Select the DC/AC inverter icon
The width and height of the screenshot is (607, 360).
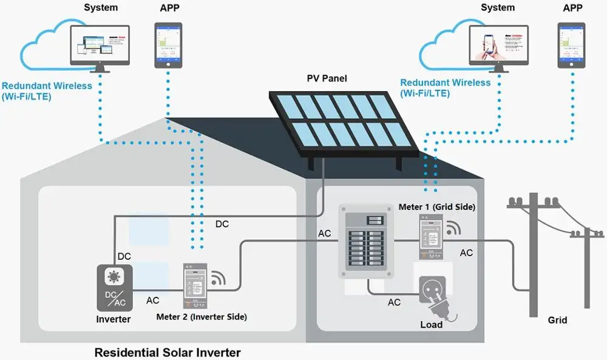[x=114, y=289]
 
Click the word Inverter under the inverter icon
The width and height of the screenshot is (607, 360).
[x=114, y=319]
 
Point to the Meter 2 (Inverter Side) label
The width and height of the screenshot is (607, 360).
[x=202, y=316]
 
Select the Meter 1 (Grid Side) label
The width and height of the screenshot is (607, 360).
[x=436, y=207]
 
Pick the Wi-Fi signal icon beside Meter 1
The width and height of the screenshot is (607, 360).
[x=453, y=228]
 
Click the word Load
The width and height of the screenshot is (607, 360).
[x=432, y=324]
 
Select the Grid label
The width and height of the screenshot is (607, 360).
[x=558, y=320]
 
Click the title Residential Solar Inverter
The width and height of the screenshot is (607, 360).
[x=168, y=352]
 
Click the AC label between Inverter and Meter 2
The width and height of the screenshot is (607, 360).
[x=154, y=300]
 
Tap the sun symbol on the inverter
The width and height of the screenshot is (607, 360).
[x=114, y=277]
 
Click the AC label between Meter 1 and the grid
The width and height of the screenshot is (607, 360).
[x=466, y=253]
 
